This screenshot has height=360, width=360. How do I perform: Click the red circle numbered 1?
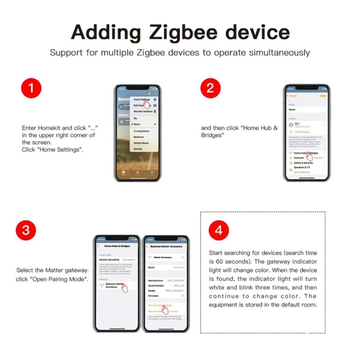tap(31, 89)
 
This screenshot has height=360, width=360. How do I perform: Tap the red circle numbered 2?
tap(210, 89)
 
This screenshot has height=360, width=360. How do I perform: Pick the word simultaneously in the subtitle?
tap(275, 53)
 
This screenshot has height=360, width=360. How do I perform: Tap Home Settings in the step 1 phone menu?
tap(142, 100)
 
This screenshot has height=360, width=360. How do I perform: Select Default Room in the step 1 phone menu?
tap(142, 143)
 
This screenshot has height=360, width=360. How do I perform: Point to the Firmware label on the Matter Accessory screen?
tap(154, 295)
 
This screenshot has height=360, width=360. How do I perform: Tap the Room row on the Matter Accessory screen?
tap(166, 267)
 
